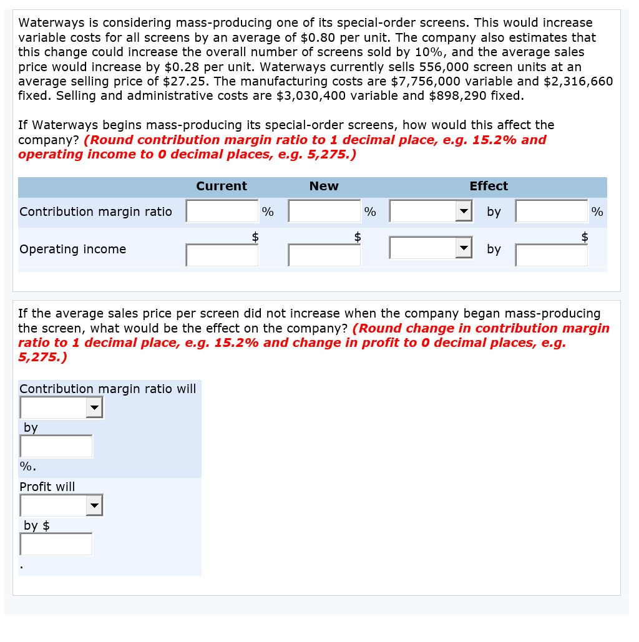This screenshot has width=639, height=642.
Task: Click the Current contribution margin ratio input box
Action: [222, 212]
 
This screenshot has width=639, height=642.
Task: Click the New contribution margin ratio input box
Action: [324, 212]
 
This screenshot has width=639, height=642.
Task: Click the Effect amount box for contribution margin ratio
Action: [552, 212]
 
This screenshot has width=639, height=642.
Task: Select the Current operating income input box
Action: [222, 255]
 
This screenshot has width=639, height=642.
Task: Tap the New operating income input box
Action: [324, 255]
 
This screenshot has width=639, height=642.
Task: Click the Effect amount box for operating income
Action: [552, 255]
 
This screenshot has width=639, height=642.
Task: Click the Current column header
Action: [222, 186]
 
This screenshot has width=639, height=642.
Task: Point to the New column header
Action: [324, 186]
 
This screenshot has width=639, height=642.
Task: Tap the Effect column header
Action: [489, 186]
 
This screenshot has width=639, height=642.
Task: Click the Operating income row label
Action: [73, 249]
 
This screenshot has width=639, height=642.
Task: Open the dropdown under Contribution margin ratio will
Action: [61, 408]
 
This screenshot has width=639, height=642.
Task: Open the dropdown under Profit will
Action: [61, 505]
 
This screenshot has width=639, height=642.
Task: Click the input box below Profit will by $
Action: [56, 544]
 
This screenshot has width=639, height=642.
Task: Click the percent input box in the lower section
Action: [56, 446]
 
